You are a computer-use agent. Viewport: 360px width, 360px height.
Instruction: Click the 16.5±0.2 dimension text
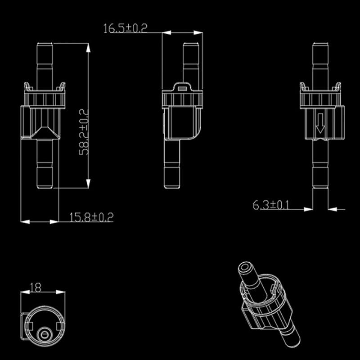pyautogui.click(x=126, y=28)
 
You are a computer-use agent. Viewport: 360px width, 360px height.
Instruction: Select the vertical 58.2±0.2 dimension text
pyautogui.click(x=84, y=131)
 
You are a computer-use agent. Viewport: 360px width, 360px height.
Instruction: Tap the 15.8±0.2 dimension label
pyautogui.click(x=91, y=217)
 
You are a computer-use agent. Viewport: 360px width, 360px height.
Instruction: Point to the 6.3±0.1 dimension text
pyautogui.click(x=271, y=205)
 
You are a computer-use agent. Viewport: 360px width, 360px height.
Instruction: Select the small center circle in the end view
pyautogui.click(x=44, y=334)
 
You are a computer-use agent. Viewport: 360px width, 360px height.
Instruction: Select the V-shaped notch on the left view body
pyautogui.click(x=44, y=132)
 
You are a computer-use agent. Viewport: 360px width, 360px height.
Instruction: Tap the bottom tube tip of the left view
pyautogui.click(x=44, y=184)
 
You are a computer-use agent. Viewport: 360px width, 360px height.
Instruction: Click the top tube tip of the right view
pyautogui.click(x=320, y=45)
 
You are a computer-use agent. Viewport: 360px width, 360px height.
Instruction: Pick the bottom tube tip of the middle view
pyautogui.click(x=173, y=184)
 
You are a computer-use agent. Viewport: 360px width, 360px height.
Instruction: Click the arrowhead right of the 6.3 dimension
pyautogui.click(x=332, y=209)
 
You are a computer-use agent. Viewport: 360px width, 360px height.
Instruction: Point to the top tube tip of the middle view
pyautogui.click(x=191, y=45)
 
